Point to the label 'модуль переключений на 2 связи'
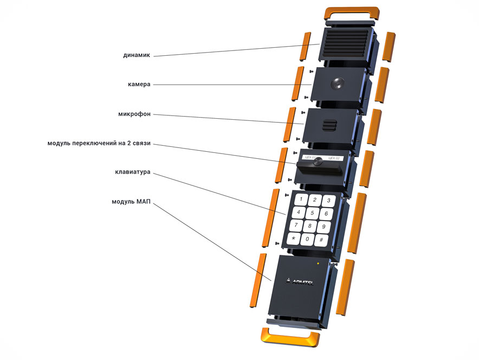point(99,144)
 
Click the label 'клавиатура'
point(133,173)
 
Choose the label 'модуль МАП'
point(131,202)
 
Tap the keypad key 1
point(301,198)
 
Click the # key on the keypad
point(322,240)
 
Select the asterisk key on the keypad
point(294,239)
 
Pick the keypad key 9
point(323,227)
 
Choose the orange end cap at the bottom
point(290,338)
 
